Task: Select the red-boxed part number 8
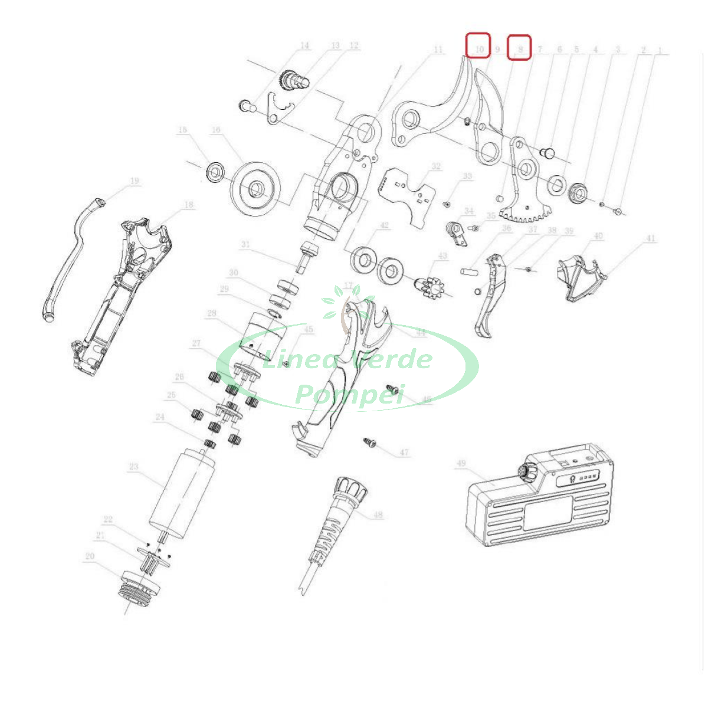click(520, 47)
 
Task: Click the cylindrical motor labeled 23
click(180, 490)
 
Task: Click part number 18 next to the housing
click(188, 205)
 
